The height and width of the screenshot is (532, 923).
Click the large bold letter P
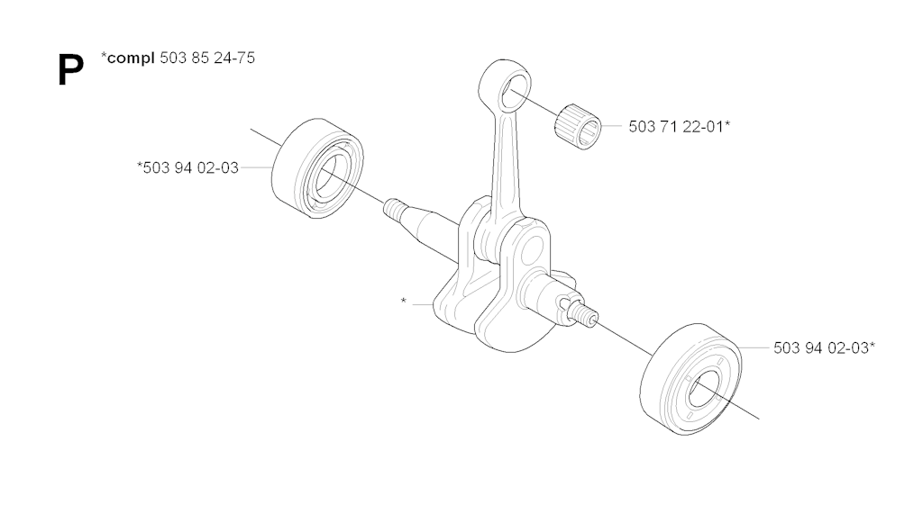tap(70, 70)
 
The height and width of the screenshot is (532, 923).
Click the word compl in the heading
tap(131, 58)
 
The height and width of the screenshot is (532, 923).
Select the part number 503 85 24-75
tap(207, 58)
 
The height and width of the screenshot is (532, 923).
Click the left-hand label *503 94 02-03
tap(187, 167)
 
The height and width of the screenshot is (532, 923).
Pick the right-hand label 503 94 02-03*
tap(824, 348)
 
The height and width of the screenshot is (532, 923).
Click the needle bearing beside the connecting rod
tap(578, 126)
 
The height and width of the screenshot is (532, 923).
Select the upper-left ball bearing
tap(317, 168)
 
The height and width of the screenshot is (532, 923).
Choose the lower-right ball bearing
tap(690, 379)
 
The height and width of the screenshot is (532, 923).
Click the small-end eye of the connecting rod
tap(505, 86)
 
